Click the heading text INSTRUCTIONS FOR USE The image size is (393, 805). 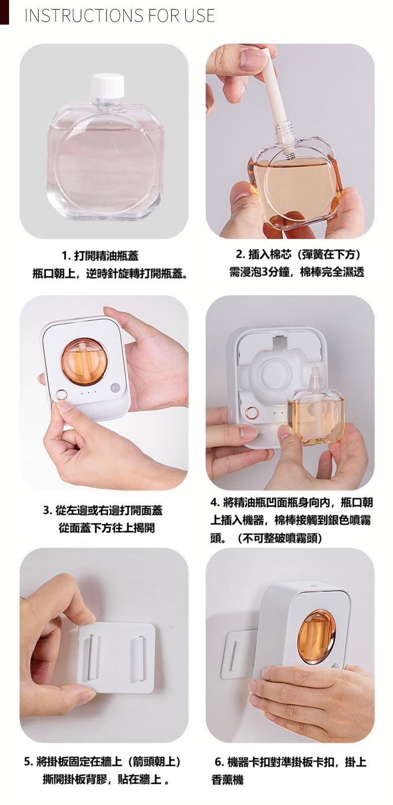click(x=120, y=16)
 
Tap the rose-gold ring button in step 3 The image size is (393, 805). click(x=61, y=395)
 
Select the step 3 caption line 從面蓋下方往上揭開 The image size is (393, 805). click(x=106, y=528)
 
